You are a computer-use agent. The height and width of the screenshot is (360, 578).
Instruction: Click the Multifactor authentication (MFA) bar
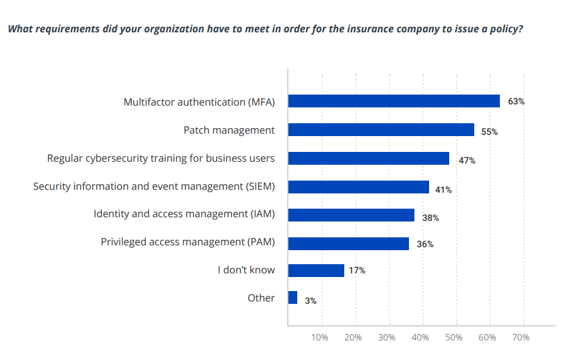coord(394,101)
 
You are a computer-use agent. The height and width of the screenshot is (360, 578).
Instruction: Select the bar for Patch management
coord(381,130)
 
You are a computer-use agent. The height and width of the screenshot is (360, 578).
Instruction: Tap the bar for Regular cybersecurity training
coord(369,158)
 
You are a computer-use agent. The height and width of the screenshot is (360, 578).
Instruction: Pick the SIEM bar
coord(358,187)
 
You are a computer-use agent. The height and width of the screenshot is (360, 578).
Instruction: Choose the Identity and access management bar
coord(351,215)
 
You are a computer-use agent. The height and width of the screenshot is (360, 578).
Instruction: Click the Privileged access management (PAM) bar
coord(348,243)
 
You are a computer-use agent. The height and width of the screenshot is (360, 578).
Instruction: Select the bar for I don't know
coord(316,270)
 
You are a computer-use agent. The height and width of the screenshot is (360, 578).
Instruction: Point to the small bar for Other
coord(292,298)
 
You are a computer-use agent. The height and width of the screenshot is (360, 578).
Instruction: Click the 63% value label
coord(516,101)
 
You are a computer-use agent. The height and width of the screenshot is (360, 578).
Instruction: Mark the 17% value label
coord(357,270)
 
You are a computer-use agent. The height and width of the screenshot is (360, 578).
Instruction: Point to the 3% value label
coord(311,300)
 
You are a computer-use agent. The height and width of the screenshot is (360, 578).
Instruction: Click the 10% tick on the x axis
coord(320,337)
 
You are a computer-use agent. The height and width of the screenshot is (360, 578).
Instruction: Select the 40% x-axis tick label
coord(421,337)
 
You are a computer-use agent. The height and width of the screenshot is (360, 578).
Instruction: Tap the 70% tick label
coord(521,337)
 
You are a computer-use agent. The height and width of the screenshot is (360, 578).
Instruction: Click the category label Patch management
coord(229,130)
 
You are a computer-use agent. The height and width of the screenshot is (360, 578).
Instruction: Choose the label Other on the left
coord(261,298)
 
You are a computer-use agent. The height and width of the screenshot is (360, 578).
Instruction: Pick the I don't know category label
coord(246,270)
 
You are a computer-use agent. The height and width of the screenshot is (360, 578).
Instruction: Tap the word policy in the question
coord(506,29)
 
